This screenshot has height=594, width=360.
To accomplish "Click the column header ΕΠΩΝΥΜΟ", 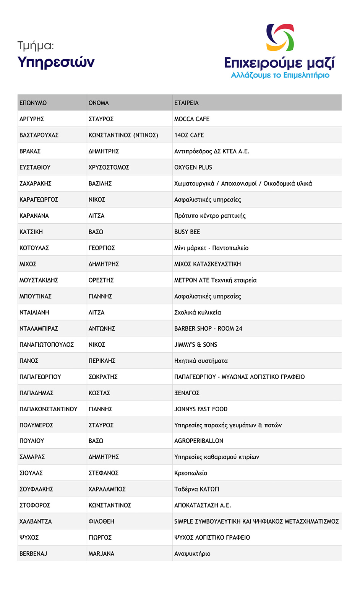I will click(33, 103).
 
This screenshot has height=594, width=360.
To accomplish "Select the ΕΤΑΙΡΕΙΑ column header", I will click(186, 103).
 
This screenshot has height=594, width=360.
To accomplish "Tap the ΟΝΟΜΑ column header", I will click(99, 103).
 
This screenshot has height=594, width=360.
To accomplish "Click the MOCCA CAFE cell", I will click(192, 119).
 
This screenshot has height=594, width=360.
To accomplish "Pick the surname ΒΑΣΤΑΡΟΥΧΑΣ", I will click(39, 135).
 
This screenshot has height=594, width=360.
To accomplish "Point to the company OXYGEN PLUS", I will click(193, 167).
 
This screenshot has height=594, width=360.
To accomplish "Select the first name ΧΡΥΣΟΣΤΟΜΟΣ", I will click(109, 167).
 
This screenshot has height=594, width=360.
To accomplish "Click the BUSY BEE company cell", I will click(187, 232).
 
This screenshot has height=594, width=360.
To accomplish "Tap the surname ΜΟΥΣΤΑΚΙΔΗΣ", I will click(39, 280).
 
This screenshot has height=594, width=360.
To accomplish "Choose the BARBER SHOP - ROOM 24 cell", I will click(208, 328).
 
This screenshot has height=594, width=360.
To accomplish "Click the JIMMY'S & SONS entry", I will click(196, 344).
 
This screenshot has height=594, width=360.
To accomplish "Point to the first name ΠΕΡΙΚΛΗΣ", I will click(102, 360).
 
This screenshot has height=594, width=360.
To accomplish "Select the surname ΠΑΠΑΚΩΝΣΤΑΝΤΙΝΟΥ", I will click(49, 409).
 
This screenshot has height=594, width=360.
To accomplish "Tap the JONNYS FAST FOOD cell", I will click(201, 409).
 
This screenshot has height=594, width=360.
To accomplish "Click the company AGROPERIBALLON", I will click(199, 441).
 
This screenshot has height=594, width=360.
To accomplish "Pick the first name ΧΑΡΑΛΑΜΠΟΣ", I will click(107, 489).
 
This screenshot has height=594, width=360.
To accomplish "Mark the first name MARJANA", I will click(101, 553).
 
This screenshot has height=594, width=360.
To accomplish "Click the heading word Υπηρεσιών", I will click(56, 62).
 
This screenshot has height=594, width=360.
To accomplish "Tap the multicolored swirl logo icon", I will click(280, 37).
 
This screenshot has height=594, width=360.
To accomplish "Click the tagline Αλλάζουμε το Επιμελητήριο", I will click(280, 75).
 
